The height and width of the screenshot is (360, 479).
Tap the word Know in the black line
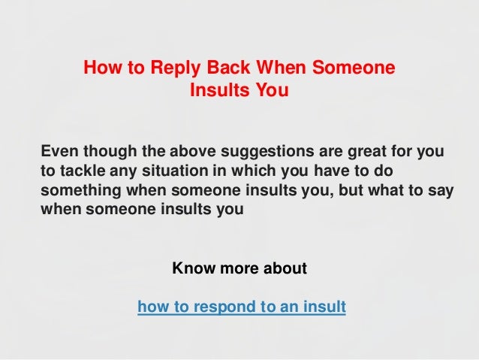click(x=193, y=268)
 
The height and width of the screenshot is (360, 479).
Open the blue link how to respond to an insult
click(x=242, y=307)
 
